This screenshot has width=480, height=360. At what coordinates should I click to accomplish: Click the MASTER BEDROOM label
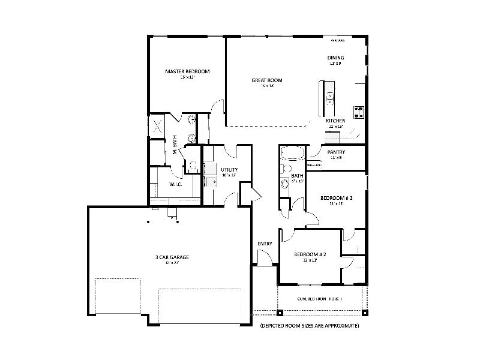[x=187, y=71]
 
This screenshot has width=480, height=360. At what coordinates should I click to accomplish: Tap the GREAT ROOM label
[x=267, y=80]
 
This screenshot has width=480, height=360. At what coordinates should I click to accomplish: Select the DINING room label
[x=335, y=58]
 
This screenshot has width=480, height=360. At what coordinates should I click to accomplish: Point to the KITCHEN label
[x=335, y=121]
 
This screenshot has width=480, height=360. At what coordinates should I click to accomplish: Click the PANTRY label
[x=335, y=152]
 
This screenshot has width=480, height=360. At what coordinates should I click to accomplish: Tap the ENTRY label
[x=265, y=244]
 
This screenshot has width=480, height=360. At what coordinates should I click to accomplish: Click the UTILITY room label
[x=229, y=170]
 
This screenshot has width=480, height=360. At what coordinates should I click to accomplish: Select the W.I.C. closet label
[x=176, y=184]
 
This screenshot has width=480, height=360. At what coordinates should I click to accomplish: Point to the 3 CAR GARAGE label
[x=172, y=257]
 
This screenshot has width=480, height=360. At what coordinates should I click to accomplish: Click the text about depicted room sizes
[x=309, y=325]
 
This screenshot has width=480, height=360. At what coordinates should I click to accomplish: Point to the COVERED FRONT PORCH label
[x=320, y=298]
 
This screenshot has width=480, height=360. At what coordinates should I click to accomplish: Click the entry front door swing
[x=262, y=258]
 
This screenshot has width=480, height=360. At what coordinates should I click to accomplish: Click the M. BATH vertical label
[x=175, y=144]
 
